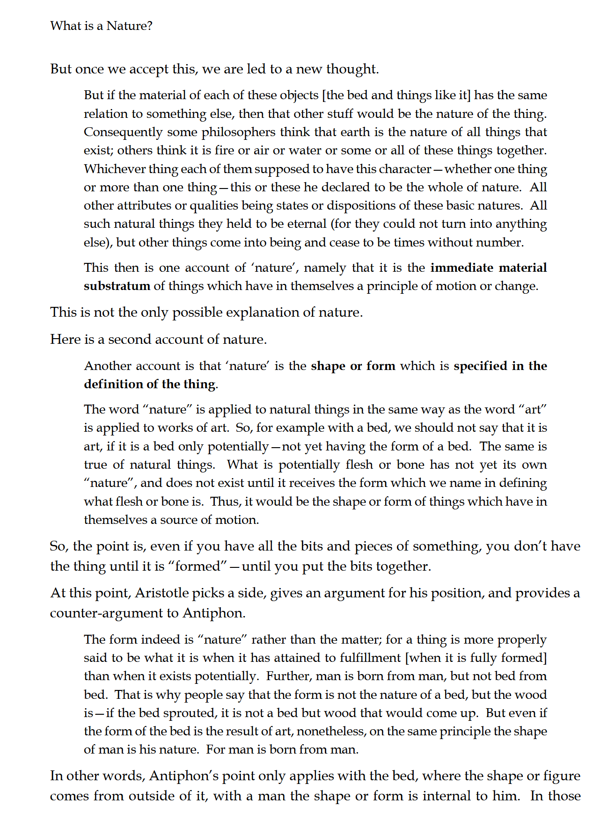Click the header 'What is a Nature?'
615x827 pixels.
click(x=101, y=26)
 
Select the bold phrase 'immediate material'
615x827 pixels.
click(x=488, y=268)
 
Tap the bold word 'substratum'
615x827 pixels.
click(x=117, y=286)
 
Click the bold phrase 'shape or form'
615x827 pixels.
click(x=353, y=366)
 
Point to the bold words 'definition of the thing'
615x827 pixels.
click(x=150, y=384)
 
